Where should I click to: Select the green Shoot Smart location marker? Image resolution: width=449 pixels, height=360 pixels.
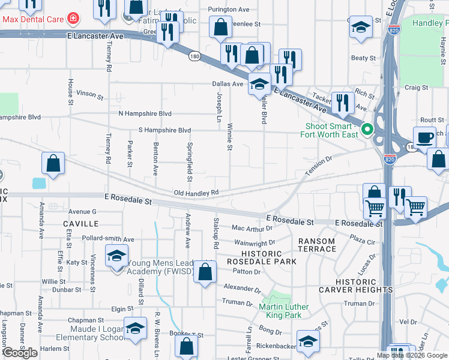pyautogui.click(x=366, y=128)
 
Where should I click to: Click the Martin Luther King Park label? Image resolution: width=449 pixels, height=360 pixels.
pyautogui.click(x=283, y=311)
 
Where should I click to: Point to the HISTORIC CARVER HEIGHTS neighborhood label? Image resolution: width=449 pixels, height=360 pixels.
pyautogui.click(x=364, y=286)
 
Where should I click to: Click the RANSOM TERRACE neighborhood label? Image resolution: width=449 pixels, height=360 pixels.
pyautogui.click(x=316, y=245)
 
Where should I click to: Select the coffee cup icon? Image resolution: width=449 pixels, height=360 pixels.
pyautogui.click(x=425, y=137)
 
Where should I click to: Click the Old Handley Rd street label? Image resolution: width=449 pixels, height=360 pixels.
pyautogui.click(x=195, y=193)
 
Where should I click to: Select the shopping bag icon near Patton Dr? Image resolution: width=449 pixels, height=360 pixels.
pyautogui.click(x=205, y=271)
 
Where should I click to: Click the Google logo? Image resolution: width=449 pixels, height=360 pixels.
pyautogui.click(x=20, y=353)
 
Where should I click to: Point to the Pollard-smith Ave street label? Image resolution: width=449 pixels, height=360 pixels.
pyautogui.click(x=109, y=239)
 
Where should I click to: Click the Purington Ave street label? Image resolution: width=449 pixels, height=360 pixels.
pyautogui.click(x=228, y=10)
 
